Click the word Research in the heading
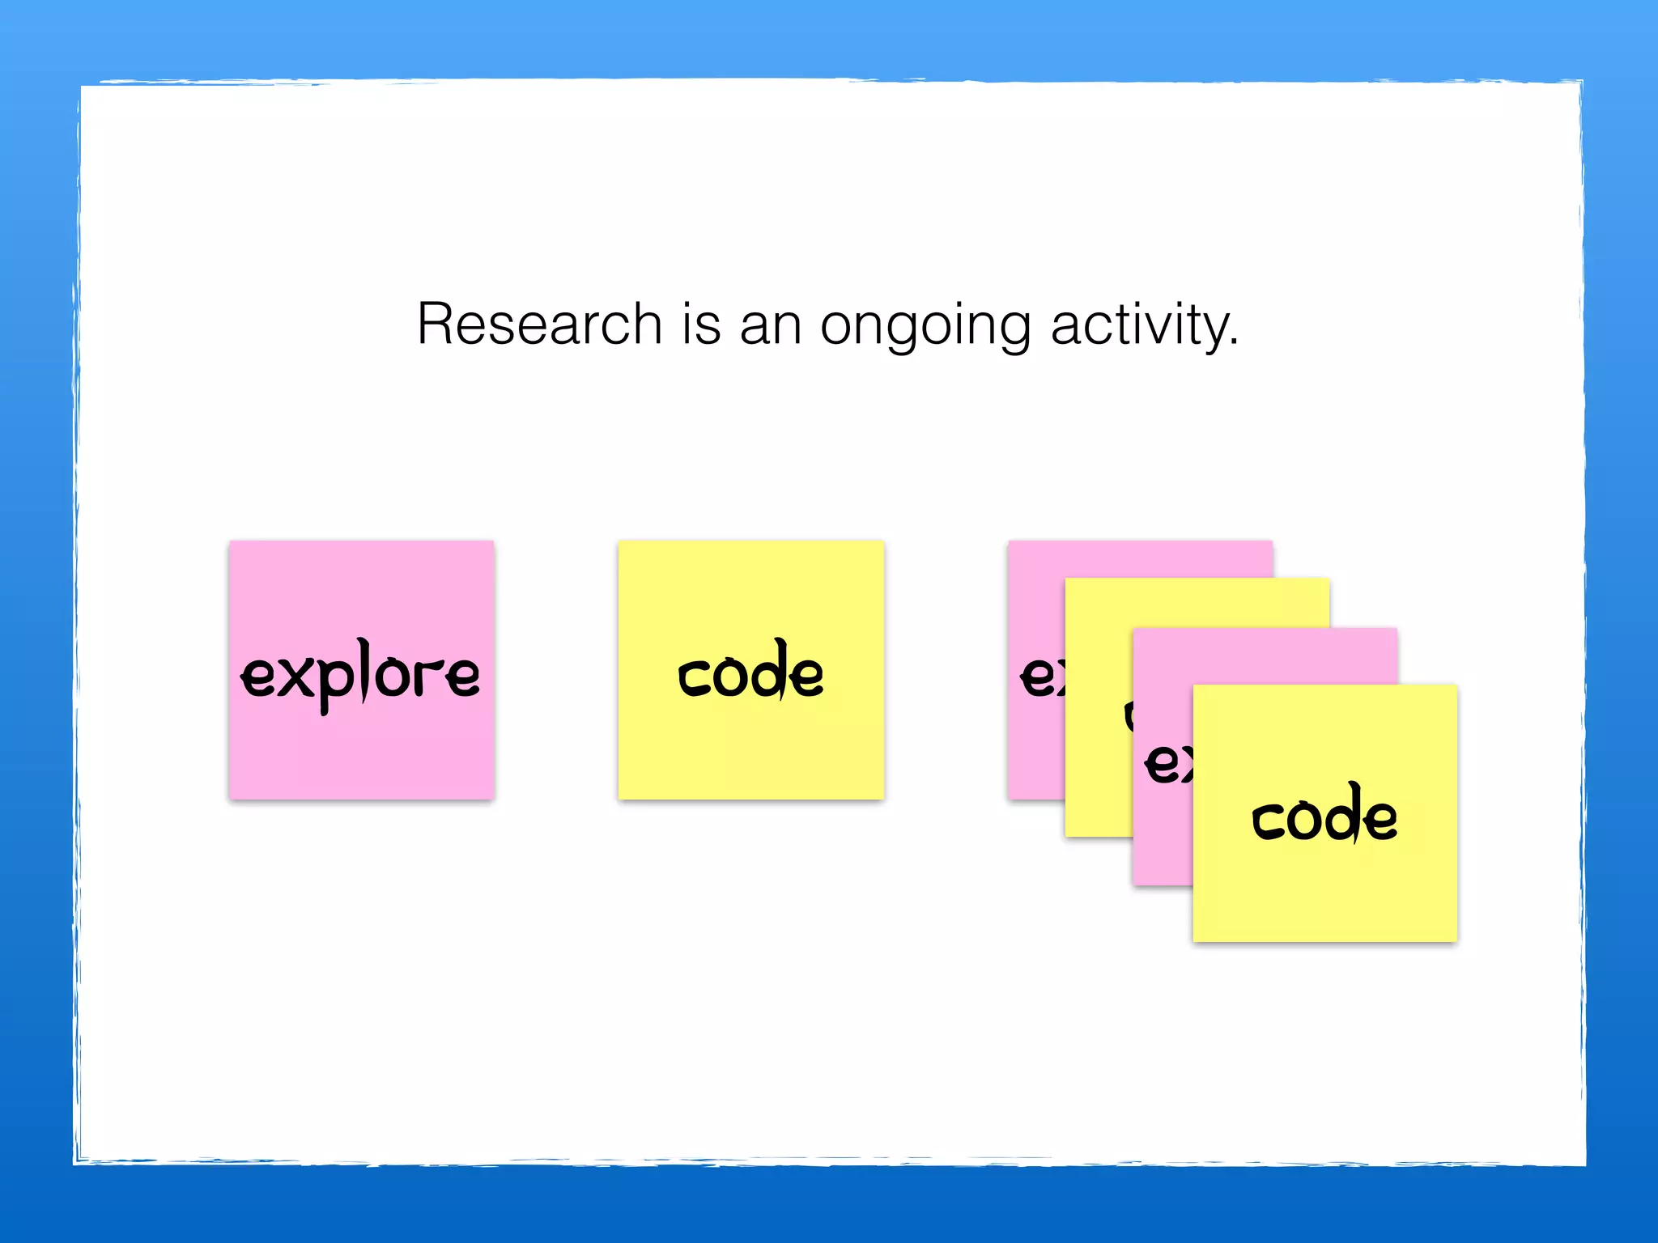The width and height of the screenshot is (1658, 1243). [x=539, y=324]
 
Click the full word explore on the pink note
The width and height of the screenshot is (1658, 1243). [x=361, y=675]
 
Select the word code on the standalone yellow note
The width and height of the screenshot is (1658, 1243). [x=750, y=672]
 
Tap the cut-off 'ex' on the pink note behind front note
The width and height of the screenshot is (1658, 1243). [x=1167, y=762]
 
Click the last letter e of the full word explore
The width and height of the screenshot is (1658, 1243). [x=463, y=677]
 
